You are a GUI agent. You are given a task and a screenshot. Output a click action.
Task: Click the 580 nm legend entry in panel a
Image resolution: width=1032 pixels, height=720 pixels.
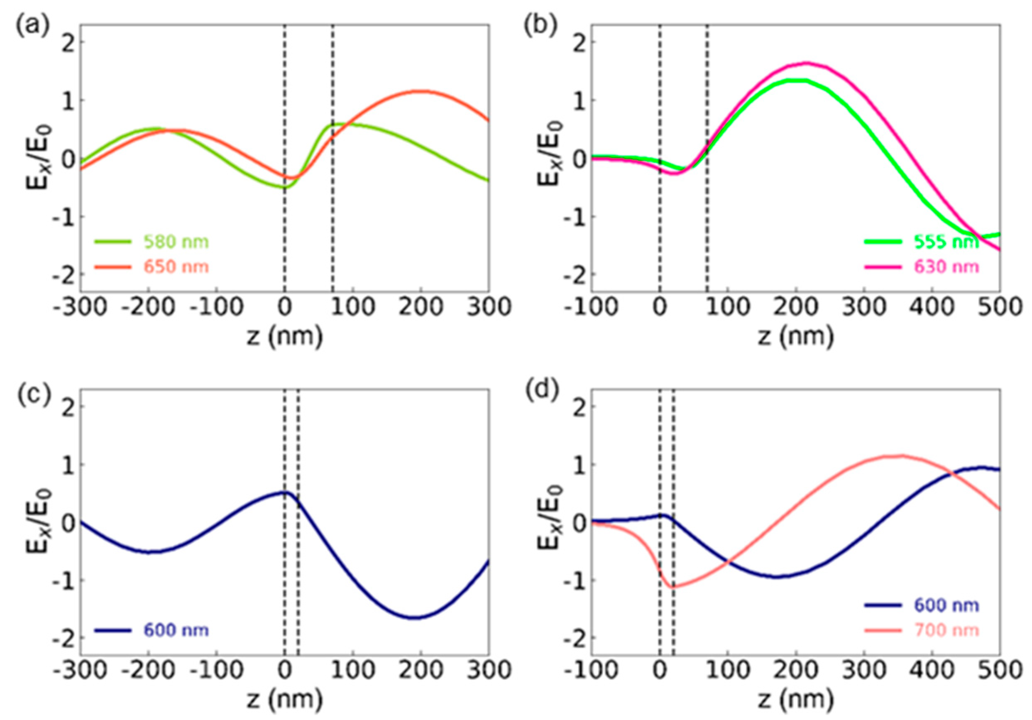(x=176, y=242)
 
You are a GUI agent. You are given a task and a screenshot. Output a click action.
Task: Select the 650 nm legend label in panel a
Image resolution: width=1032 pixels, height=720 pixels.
(x=176, y=267)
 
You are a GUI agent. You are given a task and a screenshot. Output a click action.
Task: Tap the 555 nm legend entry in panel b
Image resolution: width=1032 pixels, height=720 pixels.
(x=946, y=242)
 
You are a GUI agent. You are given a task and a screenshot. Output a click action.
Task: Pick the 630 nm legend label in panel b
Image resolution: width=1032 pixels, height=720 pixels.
(x=946, y=267)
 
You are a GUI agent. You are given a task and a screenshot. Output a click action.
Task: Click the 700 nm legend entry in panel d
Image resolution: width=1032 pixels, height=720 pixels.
(x=946, y=630)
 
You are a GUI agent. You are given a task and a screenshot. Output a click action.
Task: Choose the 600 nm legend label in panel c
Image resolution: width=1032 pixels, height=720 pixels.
(x=176, y=630)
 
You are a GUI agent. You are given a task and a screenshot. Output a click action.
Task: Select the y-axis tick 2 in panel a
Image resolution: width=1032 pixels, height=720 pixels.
(x=66, y=42)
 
